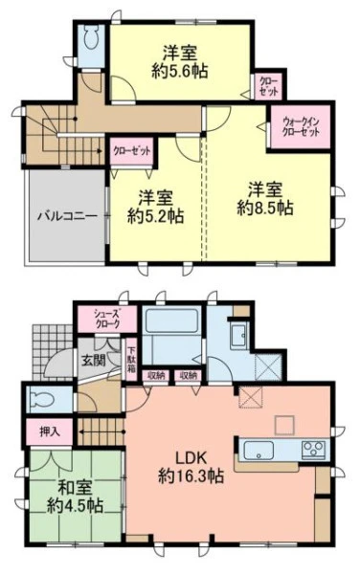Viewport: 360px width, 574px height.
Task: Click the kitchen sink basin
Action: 259,451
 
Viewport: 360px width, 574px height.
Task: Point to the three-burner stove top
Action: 313,450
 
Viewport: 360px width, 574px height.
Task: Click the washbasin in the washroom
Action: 239,336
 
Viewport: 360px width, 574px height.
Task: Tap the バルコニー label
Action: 68,215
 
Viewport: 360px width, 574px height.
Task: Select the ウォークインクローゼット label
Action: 300,126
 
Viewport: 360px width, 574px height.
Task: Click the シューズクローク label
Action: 107,319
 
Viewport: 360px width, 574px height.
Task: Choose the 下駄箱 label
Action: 131,360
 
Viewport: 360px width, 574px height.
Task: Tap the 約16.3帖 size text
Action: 191,476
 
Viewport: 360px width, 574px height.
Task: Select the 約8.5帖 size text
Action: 265,209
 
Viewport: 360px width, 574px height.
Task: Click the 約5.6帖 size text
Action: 180,71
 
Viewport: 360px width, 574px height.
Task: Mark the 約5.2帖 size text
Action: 156,216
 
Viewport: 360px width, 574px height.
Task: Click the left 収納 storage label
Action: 155,375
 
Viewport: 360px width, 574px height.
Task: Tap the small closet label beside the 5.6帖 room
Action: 269,85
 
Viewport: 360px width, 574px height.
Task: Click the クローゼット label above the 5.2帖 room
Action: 132,150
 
